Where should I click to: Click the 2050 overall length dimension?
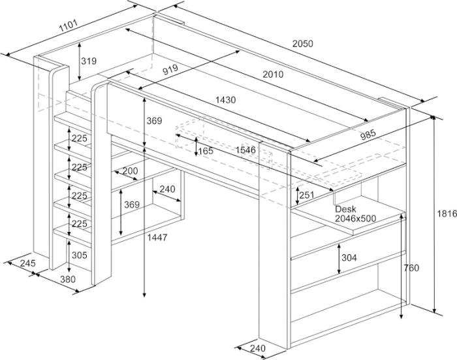tap(302, 44)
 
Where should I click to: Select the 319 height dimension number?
tap(89, 61)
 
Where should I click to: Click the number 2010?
tap(273, 74)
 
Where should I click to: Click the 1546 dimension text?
tap(245, 150)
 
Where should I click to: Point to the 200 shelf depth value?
tap(130, 171)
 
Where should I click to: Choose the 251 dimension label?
tap(307, 195)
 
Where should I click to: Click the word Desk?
tap(345, 209)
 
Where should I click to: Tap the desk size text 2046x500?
tap(355, 218)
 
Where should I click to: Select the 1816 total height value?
tap(447, 214)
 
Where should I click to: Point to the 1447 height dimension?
tap(157, 237)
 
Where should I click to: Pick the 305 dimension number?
tap(79, 255)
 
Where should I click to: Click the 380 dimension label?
tap(67, 279)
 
